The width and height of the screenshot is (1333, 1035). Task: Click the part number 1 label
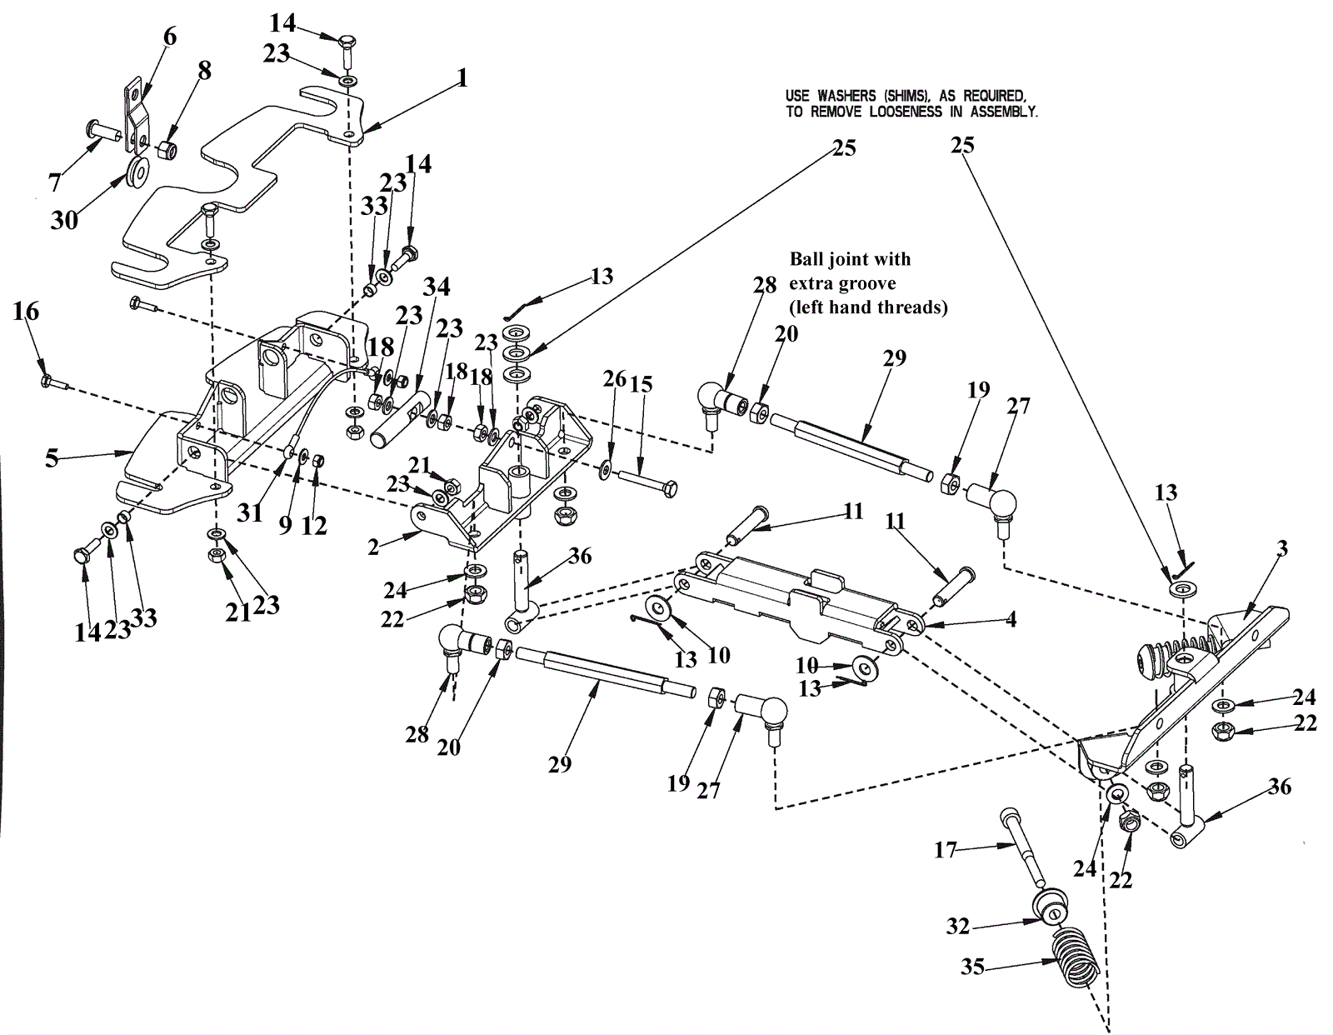pyautogui.click(x=462, y=79)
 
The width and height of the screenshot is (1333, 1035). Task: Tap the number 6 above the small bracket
pyautogui.click(x=170, y=37)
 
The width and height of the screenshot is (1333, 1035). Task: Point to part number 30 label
pyautogui.click(x=64, y=220)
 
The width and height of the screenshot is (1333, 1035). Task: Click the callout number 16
pyautogui.click(x=26, y=312)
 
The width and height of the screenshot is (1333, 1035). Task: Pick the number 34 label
pyautogui.click(x=436, y=287)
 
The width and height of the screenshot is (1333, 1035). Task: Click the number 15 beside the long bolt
pyautogui.click(x=641, y=385)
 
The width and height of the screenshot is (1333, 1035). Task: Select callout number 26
pyautogui.click(x=615, y=379)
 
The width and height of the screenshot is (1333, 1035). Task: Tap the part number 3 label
pyautogui.click(x=1282, y=547)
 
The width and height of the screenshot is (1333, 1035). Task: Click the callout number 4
pyautogui.click(x=1011, y=619)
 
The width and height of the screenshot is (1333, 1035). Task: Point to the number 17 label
pyautogui.click(x=945, y=851)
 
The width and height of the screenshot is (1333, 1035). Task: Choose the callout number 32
pyautogui.click(x=958, y=926)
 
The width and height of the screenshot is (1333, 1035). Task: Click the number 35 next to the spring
pyautogui.click(x=973, y=967)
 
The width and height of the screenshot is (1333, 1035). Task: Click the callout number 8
pyautogui.click(x=204, y=71)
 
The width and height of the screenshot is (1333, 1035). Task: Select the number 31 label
pyautogui.click(x=250, y=512)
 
